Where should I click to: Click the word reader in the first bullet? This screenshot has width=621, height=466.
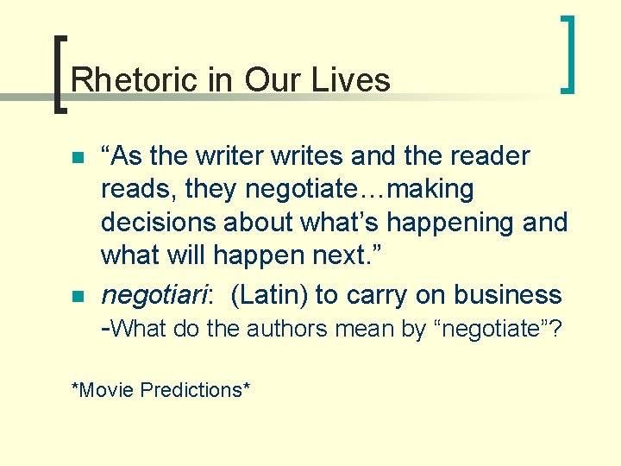tap(487, 157)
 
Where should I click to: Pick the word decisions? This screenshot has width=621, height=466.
tap(159, 223)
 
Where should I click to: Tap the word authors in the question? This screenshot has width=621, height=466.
tap(286, 329)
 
